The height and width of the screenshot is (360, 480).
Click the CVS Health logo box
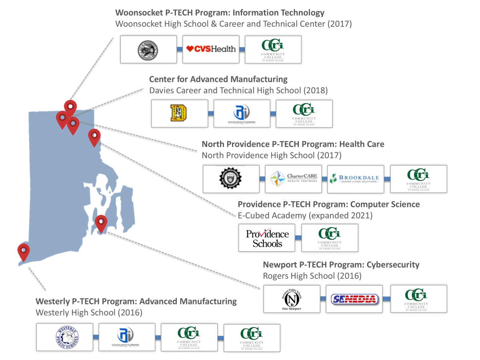click(x=211, y=49)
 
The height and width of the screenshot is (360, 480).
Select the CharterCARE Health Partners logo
click(x=294, y=178)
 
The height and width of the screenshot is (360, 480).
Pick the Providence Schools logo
click(x=267, y=238)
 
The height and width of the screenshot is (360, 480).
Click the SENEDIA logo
click(x=354, y=299)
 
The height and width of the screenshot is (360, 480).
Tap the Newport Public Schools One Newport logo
click(x=292, y=299)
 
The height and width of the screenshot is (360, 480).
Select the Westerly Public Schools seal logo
click(x=67, y=337)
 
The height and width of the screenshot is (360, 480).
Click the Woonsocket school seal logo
click(x=148, y=49)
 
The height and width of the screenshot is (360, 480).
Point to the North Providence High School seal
click(x=231, y=178)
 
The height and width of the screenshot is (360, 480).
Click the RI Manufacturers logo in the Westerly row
click(x=127, y=337)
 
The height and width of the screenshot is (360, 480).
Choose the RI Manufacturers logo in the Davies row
click(x=242, y=114)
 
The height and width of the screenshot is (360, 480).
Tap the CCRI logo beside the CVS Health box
click(x=273, y=49)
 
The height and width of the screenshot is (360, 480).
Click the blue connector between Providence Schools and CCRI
click(x=298, y=238)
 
